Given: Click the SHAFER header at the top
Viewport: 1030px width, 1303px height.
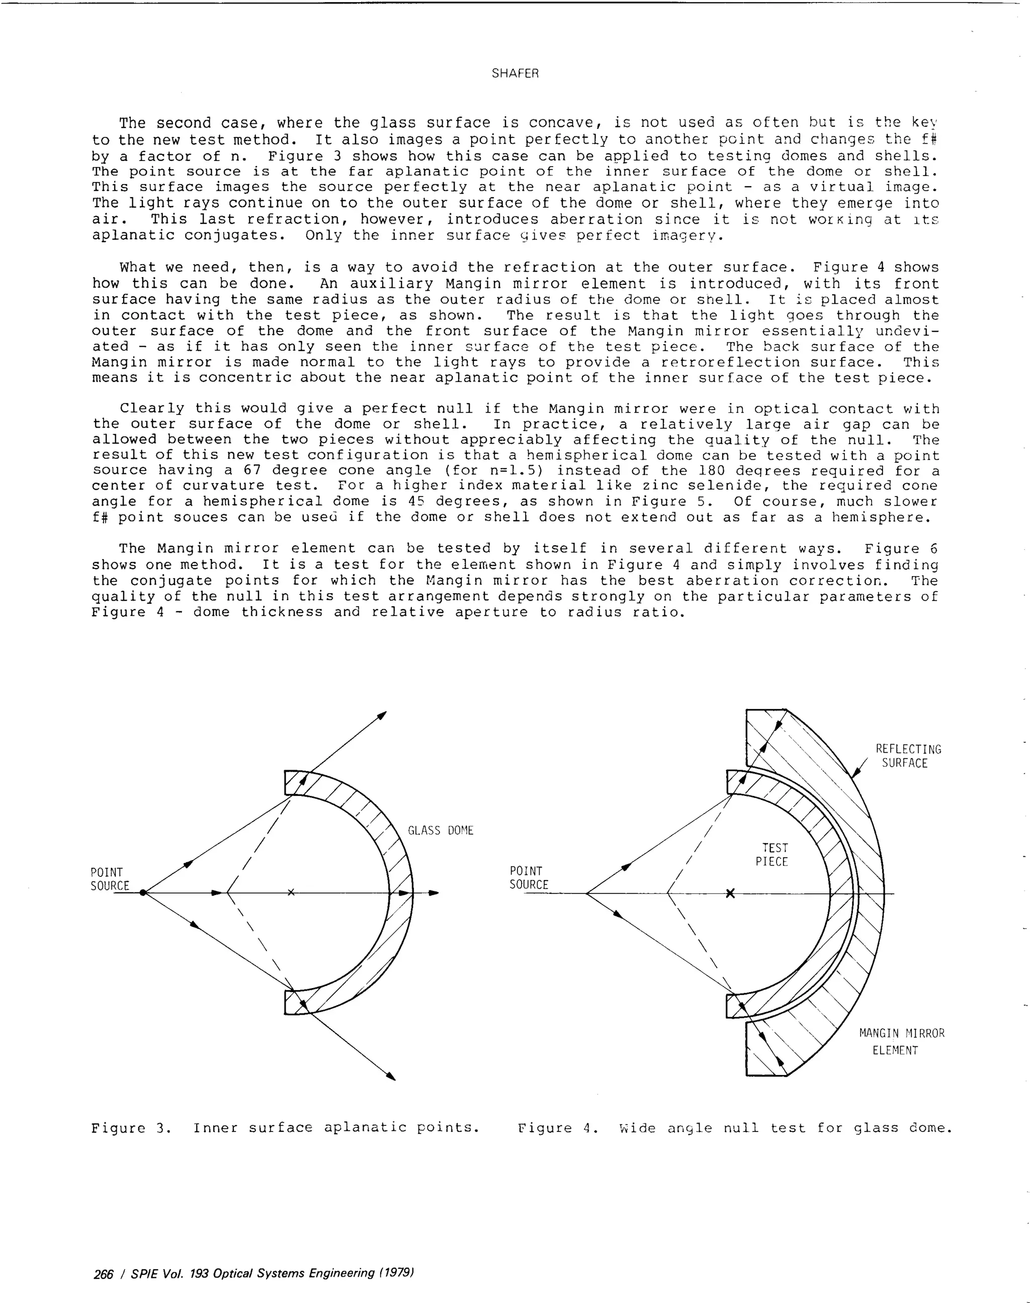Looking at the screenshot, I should click(x=514, y=73).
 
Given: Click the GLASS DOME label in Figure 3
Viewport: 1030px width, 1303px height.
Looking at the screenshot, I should click(x=441, y=831).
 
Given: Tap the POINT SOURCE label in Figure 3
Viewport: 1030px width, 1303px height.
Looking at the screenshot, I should click(x=110, y=879).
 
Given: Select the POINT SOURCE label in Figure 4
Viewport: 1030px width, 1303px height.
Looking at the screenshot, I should click(x=529, y=878).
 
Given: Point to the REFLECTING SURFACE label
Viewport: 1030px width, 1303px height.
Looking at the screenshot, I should click(x=908, y=756).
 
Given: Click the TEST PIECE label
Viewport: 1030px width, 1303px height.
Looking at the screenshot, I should click(x=771, y=855).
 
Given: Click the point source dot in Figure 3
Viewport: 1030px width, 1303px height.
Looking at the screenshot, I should click(x=143, y=893).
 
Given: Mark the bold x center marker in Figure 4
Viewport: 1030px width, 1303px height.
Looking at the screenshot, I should click(x=730, y=893).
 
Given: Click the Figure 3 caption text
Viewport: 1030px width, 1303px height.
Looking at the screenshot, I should click(x=285, y=1128).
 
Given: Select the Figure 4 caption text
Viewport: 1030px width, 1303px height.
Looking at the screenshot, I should click(x=734, y=1128).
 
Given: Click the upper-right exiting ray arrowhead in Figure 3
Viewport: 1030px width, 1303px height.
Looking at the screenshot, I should click(x=381, y=716).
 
